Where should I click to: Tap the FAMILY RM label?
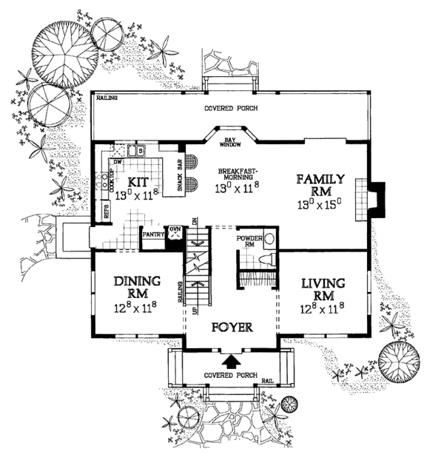point(320,185)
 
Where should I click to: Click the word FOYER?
point(232,327)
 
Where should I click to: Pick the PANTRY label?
point(152,234)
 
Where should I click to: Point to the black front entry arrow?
point(232,361)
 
